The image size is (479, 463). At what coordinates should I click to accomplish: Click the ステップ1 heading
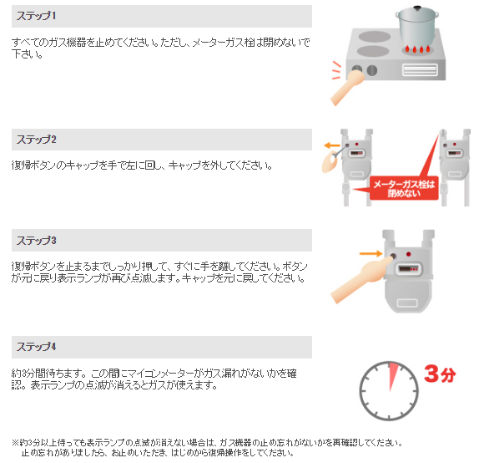36,16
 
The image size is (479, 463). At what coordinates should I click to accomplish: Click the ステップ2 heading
36,140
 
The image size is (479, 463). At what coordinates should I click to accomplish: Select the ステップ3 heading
36,240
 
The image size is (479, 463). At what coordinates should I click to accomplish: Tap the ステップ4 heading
36,347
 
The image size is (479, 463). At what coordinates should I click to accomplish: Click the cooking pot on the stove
417,28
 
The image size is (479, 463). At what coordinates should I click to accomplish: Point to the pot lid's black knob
417,8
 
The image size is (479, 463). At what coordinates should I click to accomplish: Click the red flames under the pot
417,49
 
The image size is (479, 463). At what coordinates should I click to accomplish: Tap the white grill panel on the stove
420,69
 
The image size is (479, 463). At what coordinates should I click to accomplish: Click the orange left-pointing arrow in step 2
332,145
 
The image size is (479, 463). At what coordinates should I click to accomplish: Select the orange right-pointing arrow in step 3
371,253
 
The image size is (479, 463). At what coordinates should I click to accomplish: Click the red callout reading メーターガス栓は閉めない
404,188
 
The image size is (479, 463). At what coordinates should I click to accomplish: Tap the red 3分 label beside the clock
440,374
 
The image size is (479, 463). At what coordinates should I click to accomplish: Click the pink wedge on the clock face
392,375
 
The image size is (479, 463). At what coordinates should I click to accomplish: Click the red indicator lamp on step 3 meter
408,254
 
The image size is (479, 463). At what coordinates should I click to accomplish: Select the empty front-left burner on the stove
373,51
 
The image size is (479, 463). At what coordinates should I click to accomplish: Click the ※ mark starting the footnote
15,442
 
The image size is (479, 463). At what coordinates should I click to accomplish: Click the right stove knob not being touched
372,70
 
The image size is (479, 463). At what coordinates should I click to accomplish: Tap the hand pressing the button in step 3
361,278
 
